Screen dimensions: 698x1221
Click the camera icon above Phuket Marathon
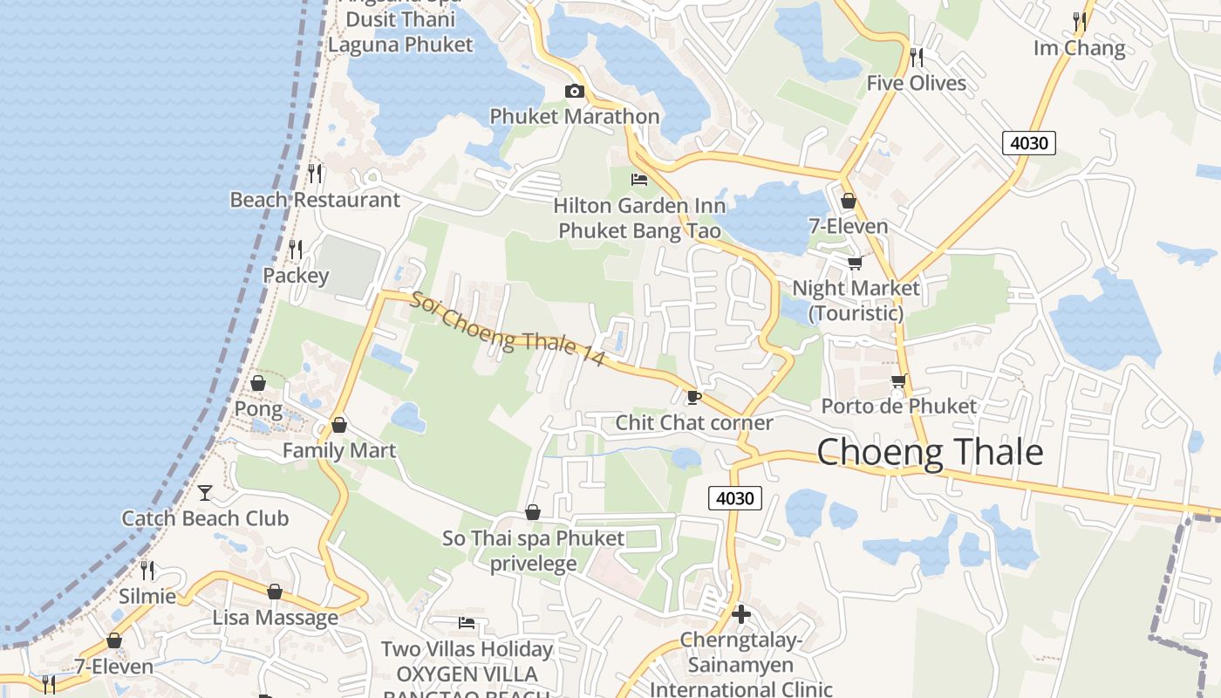click(x=574, y=91)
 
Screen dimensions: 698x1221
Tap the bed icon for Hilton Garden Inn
click(x=639, y=180)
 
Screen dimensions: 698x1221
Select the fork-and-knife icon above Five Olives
click(x=916, y=58)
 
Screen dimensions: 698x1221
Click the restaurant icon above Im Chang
click(x=1080, y=22)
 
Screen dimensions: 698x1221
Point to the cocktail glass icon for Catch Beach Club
click(x=205, y=493)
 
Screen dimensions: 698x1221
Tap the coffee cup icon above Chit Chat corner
click(x=693, y=397)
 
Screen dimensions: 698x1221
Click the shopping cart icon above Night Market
click(x=855, y=263)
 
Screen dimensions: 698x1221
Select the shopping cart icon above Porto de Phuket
click(x=898, y=380)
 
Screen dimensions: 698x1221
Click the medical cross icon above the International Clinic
click(x=741, y=614)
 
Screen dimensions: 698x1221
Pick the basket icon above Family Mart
click(x=339, y=425)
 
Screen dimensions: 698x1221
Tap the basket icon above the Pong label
click(x=258, y=383)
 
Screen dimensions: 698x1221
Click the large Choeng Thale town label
click(x=930, y=452)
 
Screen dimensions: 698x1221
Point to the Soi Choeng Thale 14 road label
click(x=508, y=329)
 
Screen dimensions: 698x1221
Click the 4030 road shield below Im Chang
click(x=1029, y=142)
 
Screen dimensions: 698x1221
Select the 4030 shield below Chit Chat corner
click(x=734, y=498)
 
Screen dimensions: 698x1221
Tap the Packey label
click(x=297, y=276)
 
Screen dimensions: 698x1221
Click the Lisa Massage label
click(x=276, y=618)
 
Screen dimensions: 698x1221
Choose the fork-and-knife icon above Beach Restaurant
click(x=315, y=174)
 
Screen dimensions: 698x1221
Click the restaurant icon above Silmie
click(x=147, y=571)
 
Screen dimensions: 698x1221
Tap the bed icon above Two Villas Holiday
click(x=467, y=623)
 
